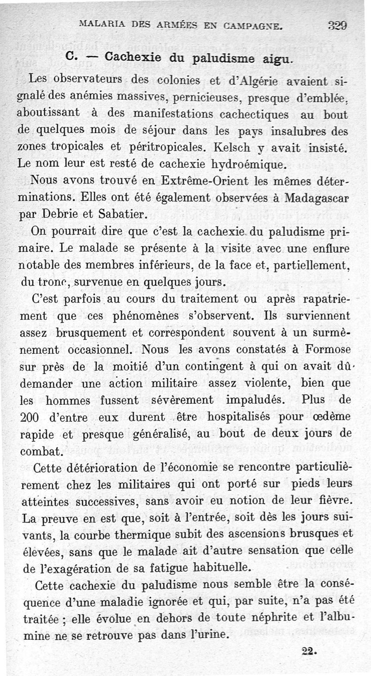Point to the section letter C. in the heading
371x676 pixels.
pos(70,57)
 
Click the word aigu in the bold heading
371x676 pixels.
pos(277,60)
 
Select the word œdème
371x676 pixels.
pos(327,416)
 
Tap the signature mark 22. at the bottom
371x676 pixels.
pos(308,651)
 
